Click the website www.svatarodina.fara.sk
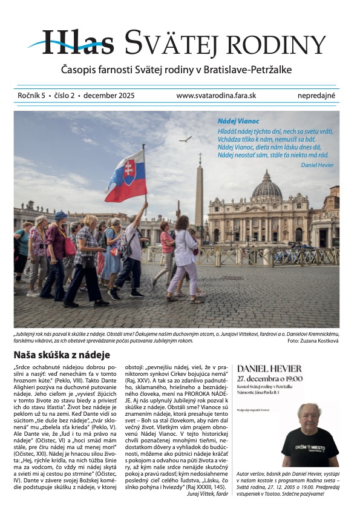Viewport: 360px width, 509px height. tap(216, 96)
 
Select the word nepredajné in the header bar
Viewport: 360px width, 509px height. tap(316, 96)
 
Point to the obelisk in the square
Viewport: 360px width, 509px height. tap(199, 194)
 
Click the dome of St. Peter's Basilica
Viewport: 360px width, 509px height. tap(267, 186)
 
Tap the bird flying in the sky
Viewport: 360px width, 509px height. tap(185, 139)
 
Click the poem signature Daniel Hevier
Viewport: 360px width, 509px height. tap(316, 165)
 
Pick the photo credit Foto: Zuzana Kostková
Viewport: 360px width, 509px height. tap(317, 341)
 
